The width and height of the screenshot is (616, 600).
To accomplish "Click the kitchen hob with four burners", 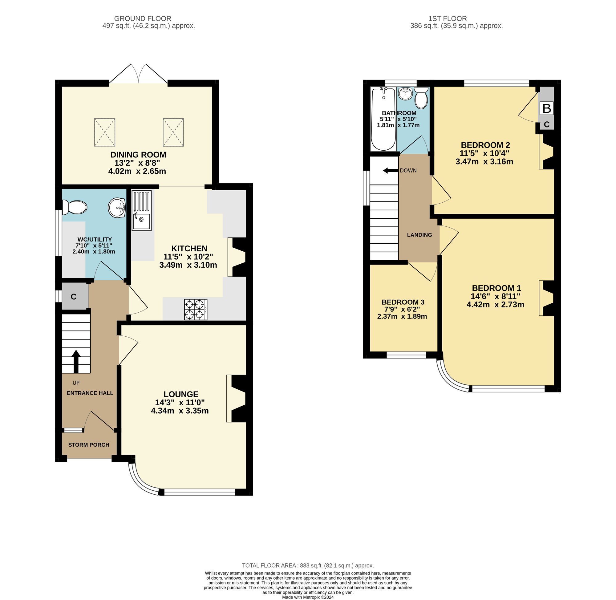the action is click(x=196, y=310).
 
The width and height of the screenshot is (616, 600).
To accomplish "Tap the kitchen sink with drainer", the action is click(x=141, y=210).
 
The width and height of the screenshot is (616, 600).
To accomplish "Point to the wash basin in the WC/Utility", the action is click(x=117, y=207).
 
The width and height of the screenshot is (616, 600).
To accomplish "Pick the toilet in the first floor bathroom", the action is click(x=421, y=98).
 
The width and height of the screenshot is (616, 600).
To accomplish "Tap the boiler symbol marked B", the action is click(x=547, y=108).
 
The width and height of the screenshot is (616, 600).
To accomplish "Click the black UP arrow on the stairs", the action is click(x=76, y=362).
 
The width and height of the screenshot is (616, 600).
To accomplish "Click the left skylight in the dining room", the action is click(x=105, y=132).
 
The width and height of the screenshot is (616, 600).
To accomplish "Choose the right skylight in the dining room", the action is click(x=173, y=132).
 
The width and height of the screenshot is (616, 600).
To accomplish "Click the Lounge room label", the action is click(x=181, y=394).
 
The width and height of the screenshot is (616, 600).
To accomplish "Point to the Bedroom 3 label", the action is click(x=403, y=302).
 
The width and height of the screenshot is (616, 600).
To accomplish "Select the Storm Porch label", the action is click(x=89, y=445).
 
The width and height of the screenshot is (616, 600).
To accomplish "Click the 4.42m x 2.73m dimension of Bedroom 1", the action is click(x=495, y=304).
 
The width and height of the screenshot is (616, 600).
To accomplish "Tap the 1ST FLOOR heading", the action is click(x=448, y=18).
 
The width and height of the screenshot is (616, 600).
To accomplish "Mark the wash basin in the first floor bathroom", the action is click(x=405, y=94).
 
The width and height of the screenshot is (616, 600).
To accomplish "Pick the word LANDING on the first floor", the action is click(x=419, y=235).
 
